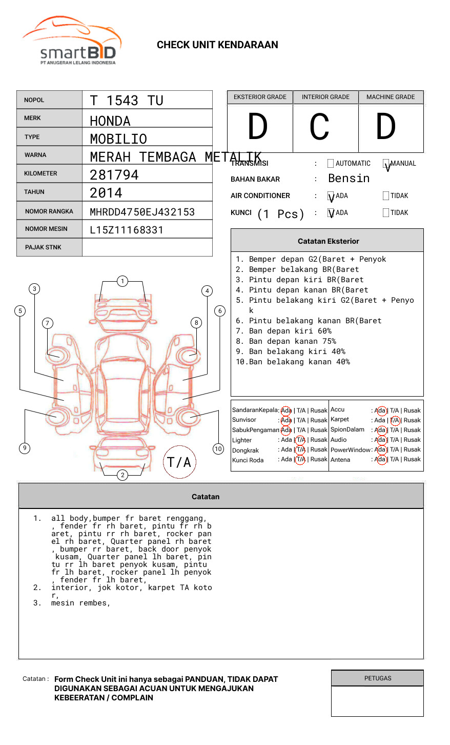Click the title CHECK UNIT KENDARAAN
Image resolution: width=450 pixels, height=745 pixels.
(217, 45)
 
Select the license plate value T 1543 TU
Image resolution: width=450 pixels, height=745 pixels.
(127, 101)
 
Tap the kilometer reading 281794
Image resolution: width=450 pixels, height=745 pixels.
(114, 175)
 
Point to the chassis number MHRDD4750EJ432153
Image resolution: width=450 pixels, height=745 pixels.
(142, 212)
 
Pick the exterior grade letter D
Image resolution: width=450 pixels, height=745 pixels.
(258, 127)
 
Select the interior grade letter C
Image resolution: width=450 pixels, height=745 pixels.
(319, 127)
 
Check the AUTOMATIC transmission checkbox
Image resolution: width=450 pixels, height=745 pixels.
(331, 164)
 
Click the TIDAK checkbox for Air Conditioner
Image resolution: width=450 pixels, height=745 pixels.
(386, 196)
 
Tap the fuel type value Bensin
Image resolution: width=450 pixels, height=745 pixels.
(349, 179)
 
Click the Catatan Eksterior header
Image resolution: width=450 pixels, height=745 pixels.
(328, 241)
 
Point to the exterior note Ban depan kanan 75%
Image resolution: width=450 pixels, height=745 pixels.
(292, 341)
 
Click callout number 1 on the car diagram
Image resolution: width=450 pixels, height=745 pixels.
(122, 281)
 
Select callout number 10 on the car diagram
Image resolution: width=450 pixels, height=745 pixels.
(218, 449)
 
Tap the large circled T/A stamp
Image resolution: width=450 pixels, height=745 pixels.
(179, 462)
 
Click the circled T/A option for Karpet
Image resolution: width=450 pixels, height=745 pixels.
(395, 420)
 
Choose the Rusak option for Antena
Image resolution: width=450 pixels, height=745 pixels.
(412, 460)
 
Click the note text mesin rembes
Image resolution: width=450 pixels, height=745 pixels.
(80, 603)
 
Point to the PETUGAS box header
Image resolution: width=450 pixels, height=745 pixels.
(378, 678)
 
